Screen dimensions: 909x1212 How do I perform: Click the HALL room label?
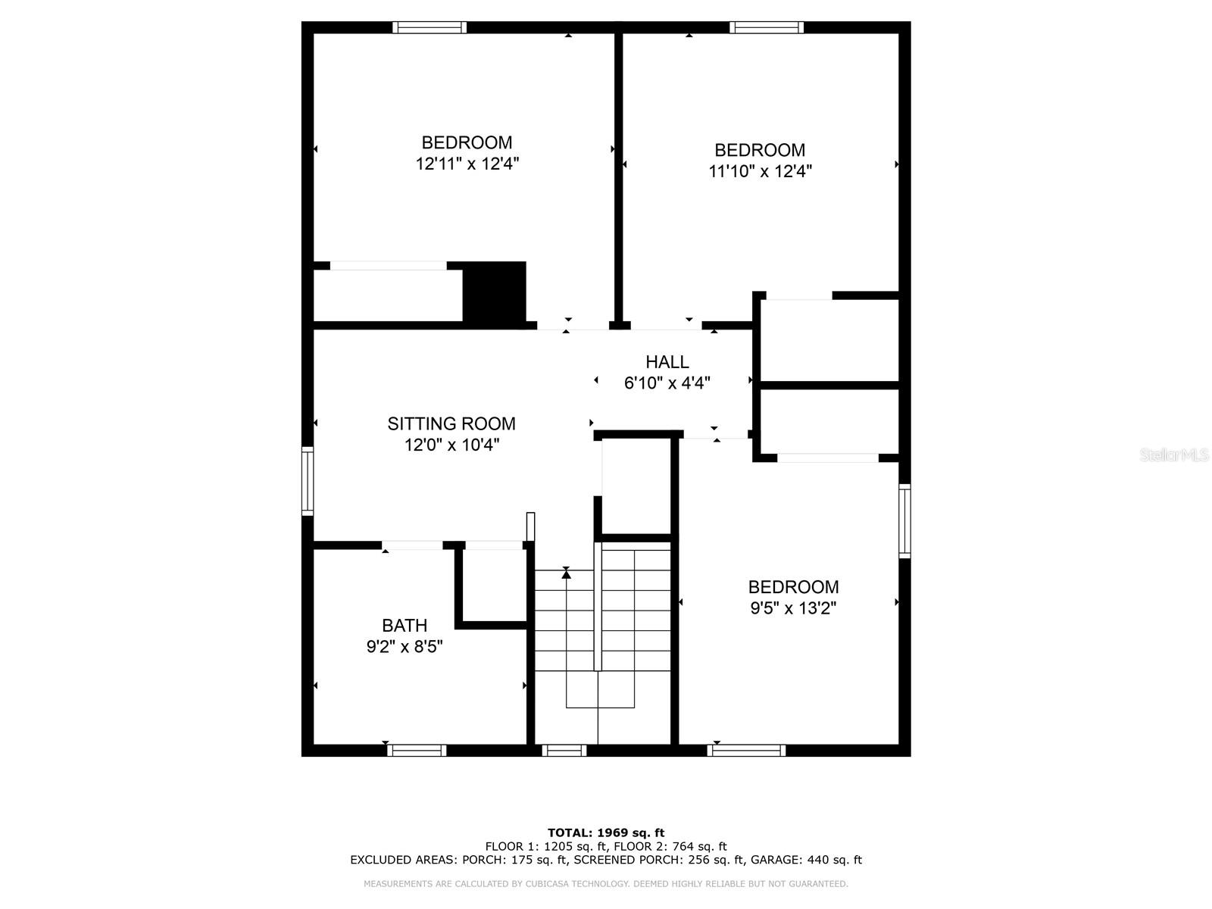point(667,362)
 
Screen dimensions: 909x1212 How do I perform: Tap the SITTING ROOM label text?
point(451,424)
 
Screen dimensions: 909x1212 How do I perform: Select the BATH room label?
point(405,626)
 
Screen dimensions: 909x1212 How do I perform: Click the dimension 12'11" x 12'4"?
point(467,164)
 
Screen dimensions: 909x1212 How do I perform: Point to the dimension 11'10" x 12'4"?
point(760,171)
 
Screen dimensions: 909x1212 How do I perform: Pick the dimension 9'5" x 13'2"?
point(793,608)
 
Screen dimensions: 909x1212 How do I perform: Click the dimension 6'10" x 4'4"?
point(667,383)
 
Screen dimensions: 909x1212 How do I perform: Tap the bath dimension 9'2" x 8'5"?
point(405,647)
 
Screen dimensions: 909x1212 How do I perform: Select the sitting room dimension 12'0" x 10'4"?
point(451,445)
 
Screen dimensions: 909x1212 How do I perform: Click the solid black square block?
point(494,292)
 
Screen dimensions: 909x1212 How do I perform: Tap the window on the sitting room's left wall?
point(308,481)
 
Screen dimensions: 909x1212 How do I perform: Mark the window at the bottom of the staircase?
point(564,751)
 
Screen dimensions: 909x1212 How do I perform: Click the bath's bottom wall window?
point(417,751)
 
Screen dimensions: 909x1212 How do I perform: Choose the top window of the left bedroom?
point(430,28)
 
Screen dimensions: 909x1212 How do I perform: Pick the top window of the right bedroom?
point(767,28)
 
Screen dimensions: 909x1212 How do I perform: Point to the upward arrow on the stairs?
point(566,573)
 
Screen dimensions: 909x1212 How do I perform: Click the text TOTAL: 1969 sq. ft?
point(606,833)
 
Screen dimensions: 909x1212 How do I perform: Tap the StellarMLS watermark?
point(1175,455)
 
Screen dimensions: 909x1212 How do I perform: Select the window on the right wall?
point(904,521)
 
